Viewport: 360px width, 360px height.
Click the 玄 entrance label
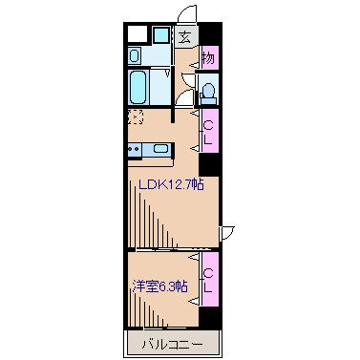point(184,38)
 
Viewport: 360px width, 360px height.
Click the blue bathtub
point(136,89)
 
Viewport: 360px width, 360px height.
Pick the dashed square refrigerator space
point(136,118)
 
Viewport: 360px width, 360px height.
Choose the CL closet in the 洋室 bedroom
point(208,277)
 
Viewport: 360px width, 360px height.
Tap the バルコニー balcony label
point(172,342)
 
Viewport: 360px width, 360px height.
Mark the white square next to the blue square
point(136,35)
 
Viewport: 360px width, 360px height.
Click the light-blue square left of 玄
point(159,37)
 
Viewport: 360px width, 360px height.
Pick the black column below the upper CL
point(208,163)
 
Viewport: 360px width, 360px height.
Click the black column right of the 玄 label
point(208,35)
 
